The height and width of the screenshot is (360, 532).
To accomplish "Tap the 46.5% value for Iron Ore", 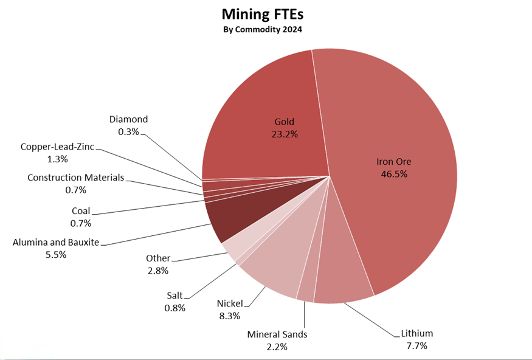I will click(x=393, y=174).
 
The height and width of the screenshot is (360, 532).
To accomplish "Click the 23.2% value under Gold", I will click(x=285, y=134).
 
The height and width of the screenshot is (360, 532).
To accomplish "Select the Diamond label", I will click(x=128, y=120).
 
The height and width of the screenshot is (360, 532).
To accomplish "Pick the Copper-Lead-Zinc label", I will click(x=57, y=147).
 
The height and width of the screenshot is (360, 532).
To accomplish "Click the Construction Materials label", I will click(x=75, y=178).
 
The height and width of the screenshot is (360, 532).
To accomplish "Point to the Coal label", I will click(x=81, y=212).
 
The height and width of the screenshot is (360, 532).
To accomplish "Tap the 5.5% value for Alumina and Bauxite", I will click(x=55, y=254).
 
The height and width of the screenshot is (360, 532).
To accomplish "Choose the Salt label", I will click(x=174, y=296).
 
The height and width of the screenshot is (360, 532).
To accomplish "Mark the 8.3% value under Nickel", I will click(x=230, y=316).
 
